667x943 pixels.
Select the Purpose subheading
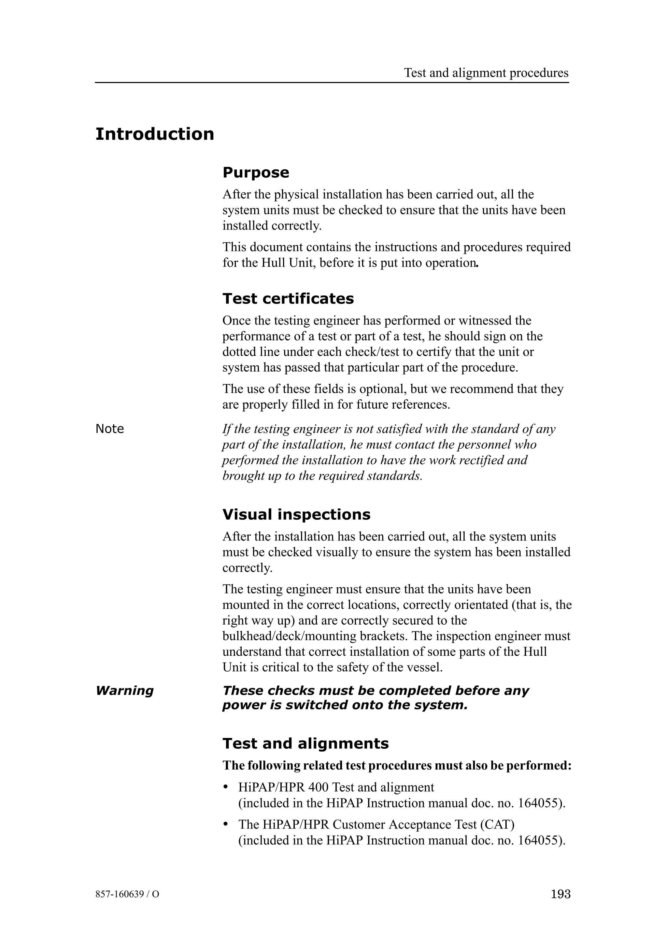[256, 172]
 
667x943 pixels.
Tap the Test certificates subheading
[288, 299]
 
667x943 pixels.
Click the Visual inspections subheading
[296, 515]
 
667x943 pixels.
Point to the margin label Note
[109, 429]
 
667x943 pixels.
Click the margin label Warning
[124, 690]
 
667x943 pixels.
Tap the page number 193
[561, 894]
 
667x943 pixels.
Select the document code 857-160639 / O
[127, 895]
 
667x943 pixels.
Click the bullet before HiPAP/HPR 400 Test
[225, 787]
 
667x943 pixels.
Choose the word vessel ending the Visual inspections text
[428, 667]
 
